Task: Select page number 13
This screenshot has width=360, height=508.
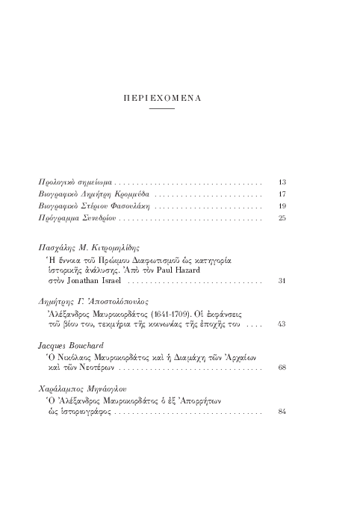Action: coord(282,182)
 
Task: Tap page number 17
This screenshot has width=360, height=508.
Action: coord(282,193)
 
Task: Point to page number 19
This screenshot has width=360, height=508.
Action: coord(282,205)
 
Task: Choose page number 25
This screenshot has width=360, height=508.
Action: coord(282,217)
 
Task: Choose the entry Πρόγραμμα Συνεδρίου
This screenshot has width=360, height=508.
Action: coord(77,217)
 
